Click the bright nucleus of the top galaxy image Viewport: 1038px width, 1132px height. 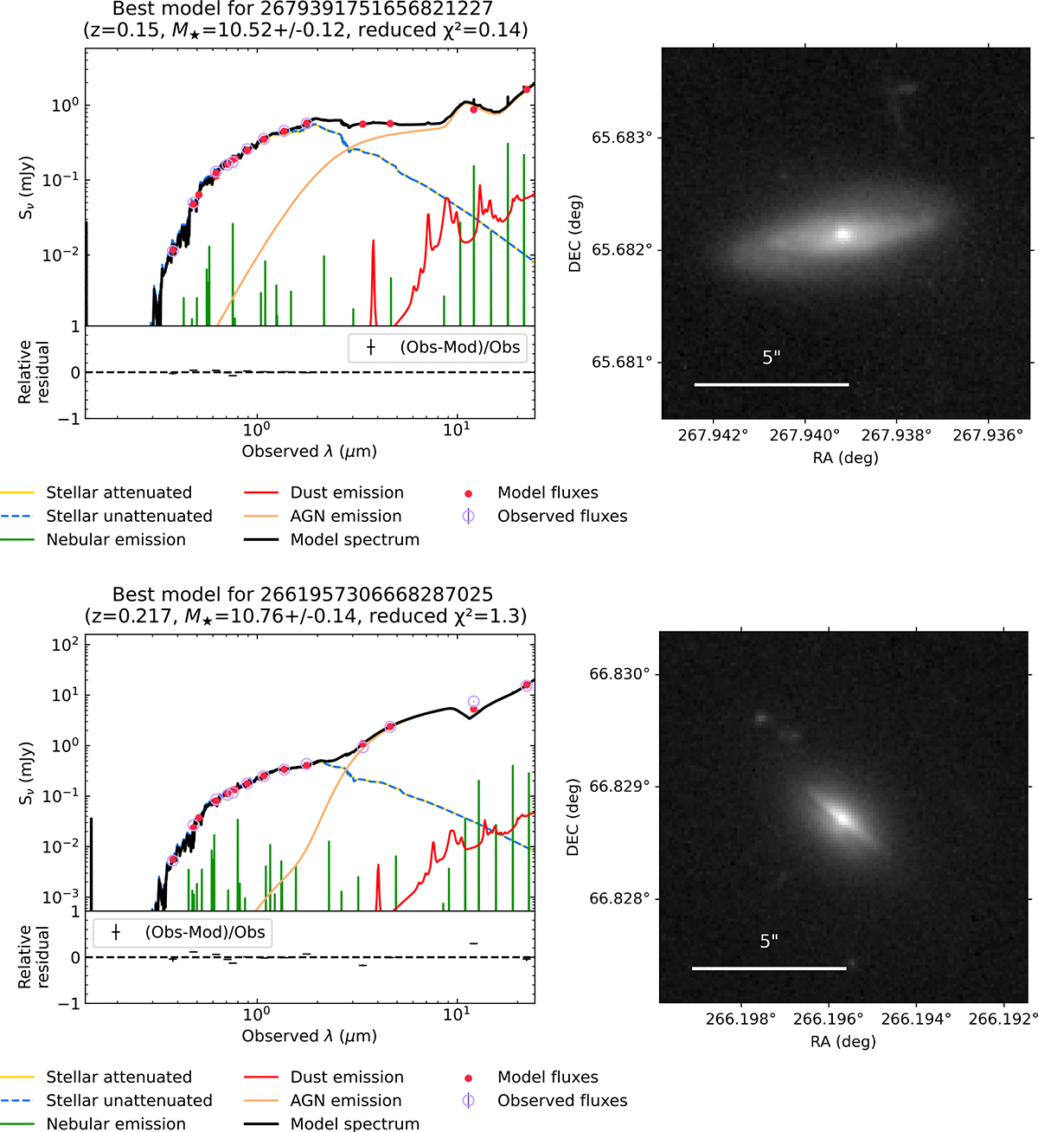point(843,234)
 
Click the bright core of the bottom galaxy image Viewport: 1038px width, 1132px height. point(843,818)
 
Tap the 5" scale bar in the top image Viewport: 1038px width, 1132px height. point(772,385)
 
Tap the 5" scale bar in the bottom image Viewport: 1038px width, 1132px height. point(769,968)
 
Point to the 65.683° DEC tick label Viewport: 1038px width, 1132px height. point(625,138)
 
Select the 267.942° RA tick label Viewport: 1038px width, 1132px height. point(713,435)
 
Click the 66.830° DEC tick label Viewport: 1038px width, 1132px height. point(623,674)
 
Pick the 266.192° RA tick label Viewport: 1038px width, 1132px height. point(1003,1019)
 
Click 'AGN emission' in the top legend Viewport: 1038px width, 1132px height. point(346,516)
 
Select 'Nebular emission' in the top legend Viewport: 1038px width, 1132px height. point(116,539)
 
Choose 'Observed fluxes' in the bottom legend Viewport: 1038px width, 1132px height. point(562,1100)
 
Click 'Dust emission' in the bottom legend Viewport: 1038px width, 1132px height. point(347,1077)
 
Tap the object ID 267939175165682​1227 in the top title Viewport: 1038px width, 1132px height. point(376,9)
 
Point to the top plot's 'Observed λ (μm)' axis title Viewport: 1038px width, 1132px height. point(309,452)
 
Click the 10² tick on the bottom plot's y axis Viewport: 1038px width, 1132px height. point(66,644)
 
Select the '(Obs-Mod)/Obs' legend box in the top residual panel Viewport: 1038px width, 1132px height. point(438,347)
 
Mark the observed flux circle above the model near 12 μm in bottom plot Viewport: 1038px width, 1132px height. point(473,701)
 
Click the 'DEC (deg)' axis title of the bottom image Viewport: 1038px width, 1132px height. point(573,817)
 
